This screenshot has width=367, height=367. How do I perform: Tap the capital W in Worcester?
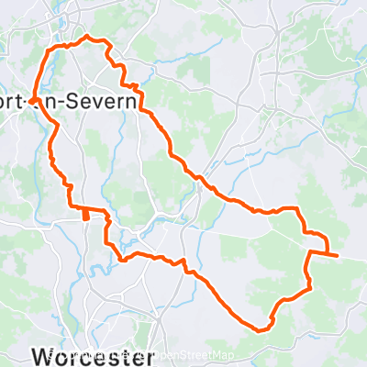42,355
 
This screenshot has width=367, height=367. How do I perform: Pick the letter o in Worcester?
61,356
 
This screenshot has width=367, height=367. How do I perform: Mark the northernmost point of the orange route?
87,37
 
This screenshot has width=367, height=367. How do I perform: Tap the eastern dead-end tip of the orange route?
337,254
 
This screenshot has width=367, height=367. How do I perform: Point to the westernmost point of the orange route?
30,99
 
